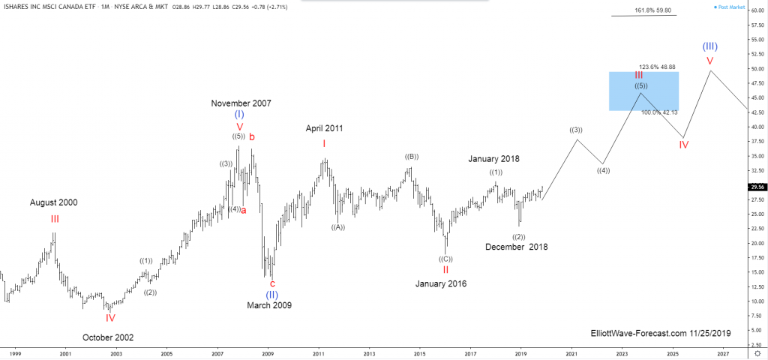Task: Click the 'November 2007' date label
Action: pyautogui.click(x=240, y=103)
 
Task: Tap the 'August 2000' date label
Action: pyautogui.click(x=53, y=202)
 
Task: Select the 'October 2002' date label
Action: pyautogui.click(x=108, y=337)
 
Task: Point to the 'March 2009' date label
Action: pyautogui.click(x=269, y=305)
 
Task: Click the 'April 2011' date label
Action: pyautogui.click(x=324, y=128)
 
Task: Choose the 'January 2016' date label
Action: pyautogui.click(x=441, y=283)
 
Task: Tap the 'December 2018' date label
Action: pyautogui.click(x=516, y=247)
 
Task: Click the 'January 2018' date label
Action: pyautogui.click(x=493, y=159)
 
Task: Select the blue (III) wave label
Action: pyautogui.click(x=709, y=46)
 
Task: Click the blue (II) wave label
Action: pyautogui.click(x=272, y=295)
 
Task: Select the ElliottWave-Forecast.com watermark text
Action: pyautogui.click(x=660, y=332)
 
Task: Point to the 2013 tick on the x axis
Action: pyautogui.click(x=369, y=352)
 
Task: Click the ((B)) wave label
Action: pyautogui.click(x=411, y=157)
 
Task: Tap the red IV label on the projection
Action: pyautogui.click(x=684, y=144)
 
